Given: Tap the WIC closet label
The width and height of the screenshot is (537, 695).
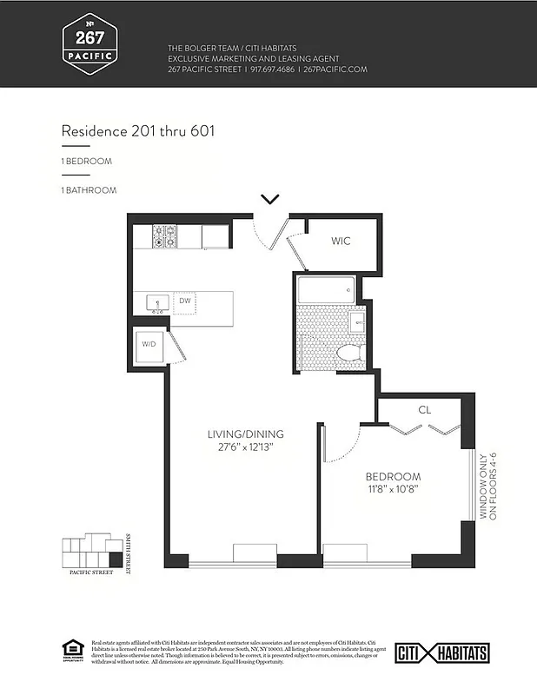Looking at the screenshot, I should pos(341,241).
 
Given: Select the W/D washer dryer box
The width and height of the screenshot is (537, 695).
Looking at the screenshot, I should pos(149,345).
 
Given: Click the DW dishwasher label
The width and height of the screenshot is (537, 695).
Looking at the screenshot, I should pos(184,301).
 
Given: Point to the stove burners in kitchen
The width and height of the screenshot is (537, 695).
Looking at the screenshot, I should pos(164,236).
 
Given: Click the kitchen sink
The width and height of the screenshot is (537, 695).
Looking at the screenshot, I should pos(157,302).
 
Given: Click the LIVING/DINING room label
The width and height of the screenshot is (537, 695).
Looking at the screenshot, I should pos(245,434).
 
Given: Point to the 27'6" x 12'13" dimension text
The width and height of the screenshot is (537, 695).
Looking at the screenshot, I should pos(245,448).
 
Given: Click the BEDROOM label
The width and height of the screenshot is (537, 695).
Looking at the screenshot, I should pos(393,477).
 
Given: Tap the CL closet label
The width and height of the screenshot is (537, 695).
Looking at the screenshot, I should pos(424,409).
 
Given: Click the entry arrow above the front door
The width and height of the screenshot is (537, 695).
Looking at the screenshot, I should pos(270,199).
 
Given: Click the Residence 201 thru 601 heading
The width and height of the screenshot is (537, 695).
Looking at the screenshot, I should pos(138,131).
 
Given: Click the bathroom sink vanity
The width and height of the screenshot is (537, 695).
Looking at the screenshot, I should pos(358,324).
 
